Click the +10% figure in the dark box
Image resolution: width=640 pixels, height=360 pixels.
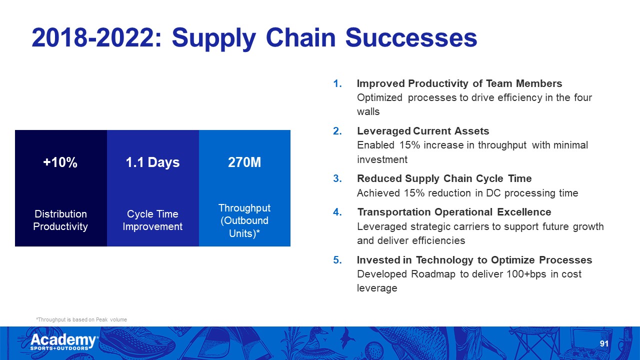click(60, 162)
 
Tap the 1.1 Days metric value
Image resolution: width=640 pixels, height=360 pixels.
click(152, 162)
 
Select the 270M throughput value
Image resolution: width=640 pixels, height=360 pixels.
click(244, 162)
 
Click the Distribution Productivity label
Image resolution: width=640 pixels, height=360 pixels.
click(60, 220)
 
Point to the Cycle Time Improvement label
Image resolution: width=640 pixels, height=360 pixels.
click(152, 220)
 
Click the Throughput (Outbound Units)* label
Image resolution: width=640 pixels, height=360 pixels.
click(244, 220)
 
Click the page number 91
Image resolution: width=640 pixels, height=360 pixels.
click(604, 343)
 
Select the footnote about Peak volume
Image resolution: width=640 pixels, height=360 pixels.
click(81, 319)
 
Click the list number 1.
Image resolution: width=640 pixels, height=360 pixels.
click(337, 83)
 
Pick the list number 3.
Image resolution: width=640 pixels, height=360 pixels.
click(337, 178)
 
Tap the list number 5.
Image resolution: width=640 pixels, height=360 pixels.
click(337, 260)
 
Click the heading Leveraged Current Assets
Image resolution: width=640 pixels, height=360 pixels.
click(423, 131)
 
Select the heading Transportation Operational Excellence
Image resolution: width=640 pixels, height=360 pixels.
click(454, 212)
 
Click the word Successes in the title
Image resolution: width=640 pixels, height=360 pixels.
click(411, 37)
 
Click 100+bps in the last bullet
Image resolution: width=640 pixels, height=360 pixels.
click(526, 274)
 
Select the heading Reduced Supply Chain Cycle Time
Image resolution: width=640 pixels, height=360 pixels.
click(444, 178)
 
